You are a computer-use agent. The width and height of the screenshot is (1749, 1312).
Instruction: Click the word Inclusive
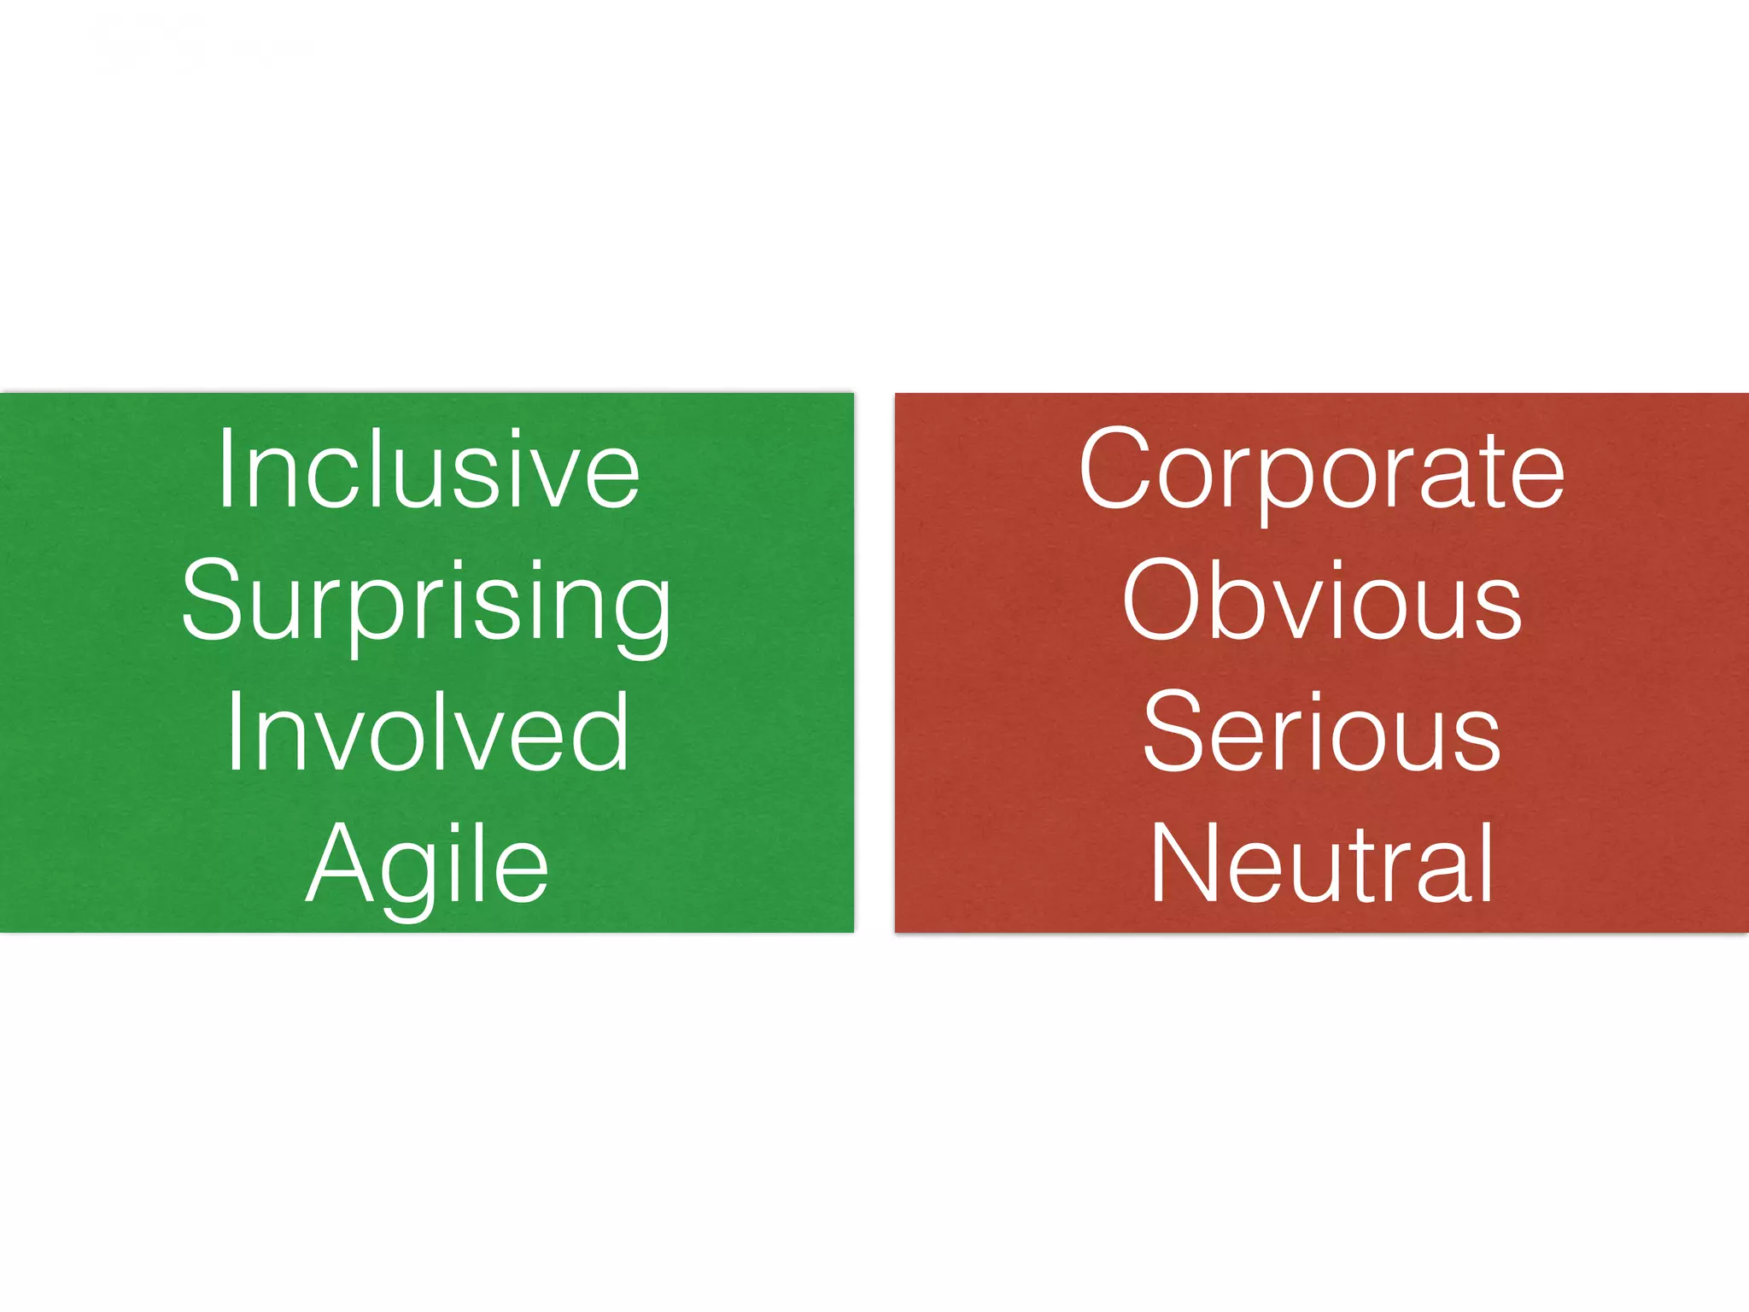point(428,471)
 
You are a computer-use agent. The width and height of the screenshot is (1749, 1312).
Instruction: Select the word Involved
point(428,733)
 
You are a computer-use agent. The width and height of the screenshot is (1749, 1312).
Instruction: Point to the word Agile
point(427,864)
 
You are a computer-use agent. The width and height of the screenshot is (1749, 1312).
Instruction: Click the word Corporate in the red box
point(1321,471)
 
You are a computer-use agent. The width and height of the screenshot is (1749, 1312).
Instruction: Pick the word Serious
point(1321,733)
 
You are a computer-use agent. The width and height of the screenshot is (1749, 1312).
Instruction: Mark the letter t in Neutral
point(1355,864)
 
